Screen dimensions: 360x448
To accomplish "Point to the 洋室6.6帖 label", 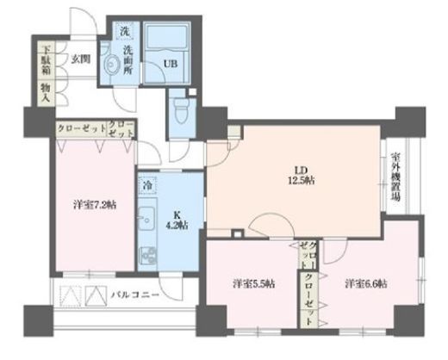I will click(x=365, y=282).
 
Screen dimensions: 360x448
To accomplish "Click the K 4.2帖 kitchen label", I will click(x=182, y=221).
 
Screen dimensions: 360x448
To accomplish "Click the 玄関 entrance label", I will click(x=81, y=58).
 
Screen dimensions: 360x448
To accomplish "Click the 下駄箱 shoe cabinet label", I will click(x=44, y=59).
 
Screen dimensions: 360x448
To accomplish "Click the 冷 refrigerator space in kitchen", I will click(x=148, y=184).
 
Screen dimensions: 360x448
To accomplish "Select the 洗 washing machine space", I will click(x=126, y=33).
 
